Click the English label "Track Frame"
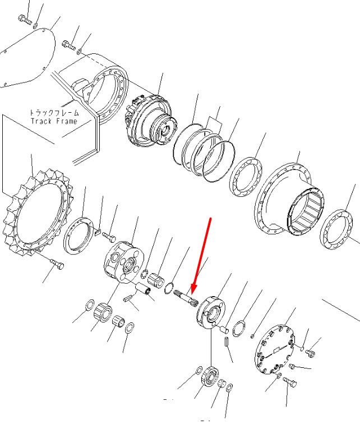click(x=54, y=121)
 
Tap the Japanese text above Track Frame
click(x=54, y=113)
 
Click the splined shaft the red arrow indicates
click(x=185, y=298)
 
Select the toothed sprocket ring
click(x=38, y=213)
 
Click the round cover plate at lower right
click(x=275, y=349)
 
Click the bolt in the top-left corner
click(x=25, y=20)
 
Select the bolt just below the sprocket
click(x=57, y=265)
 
